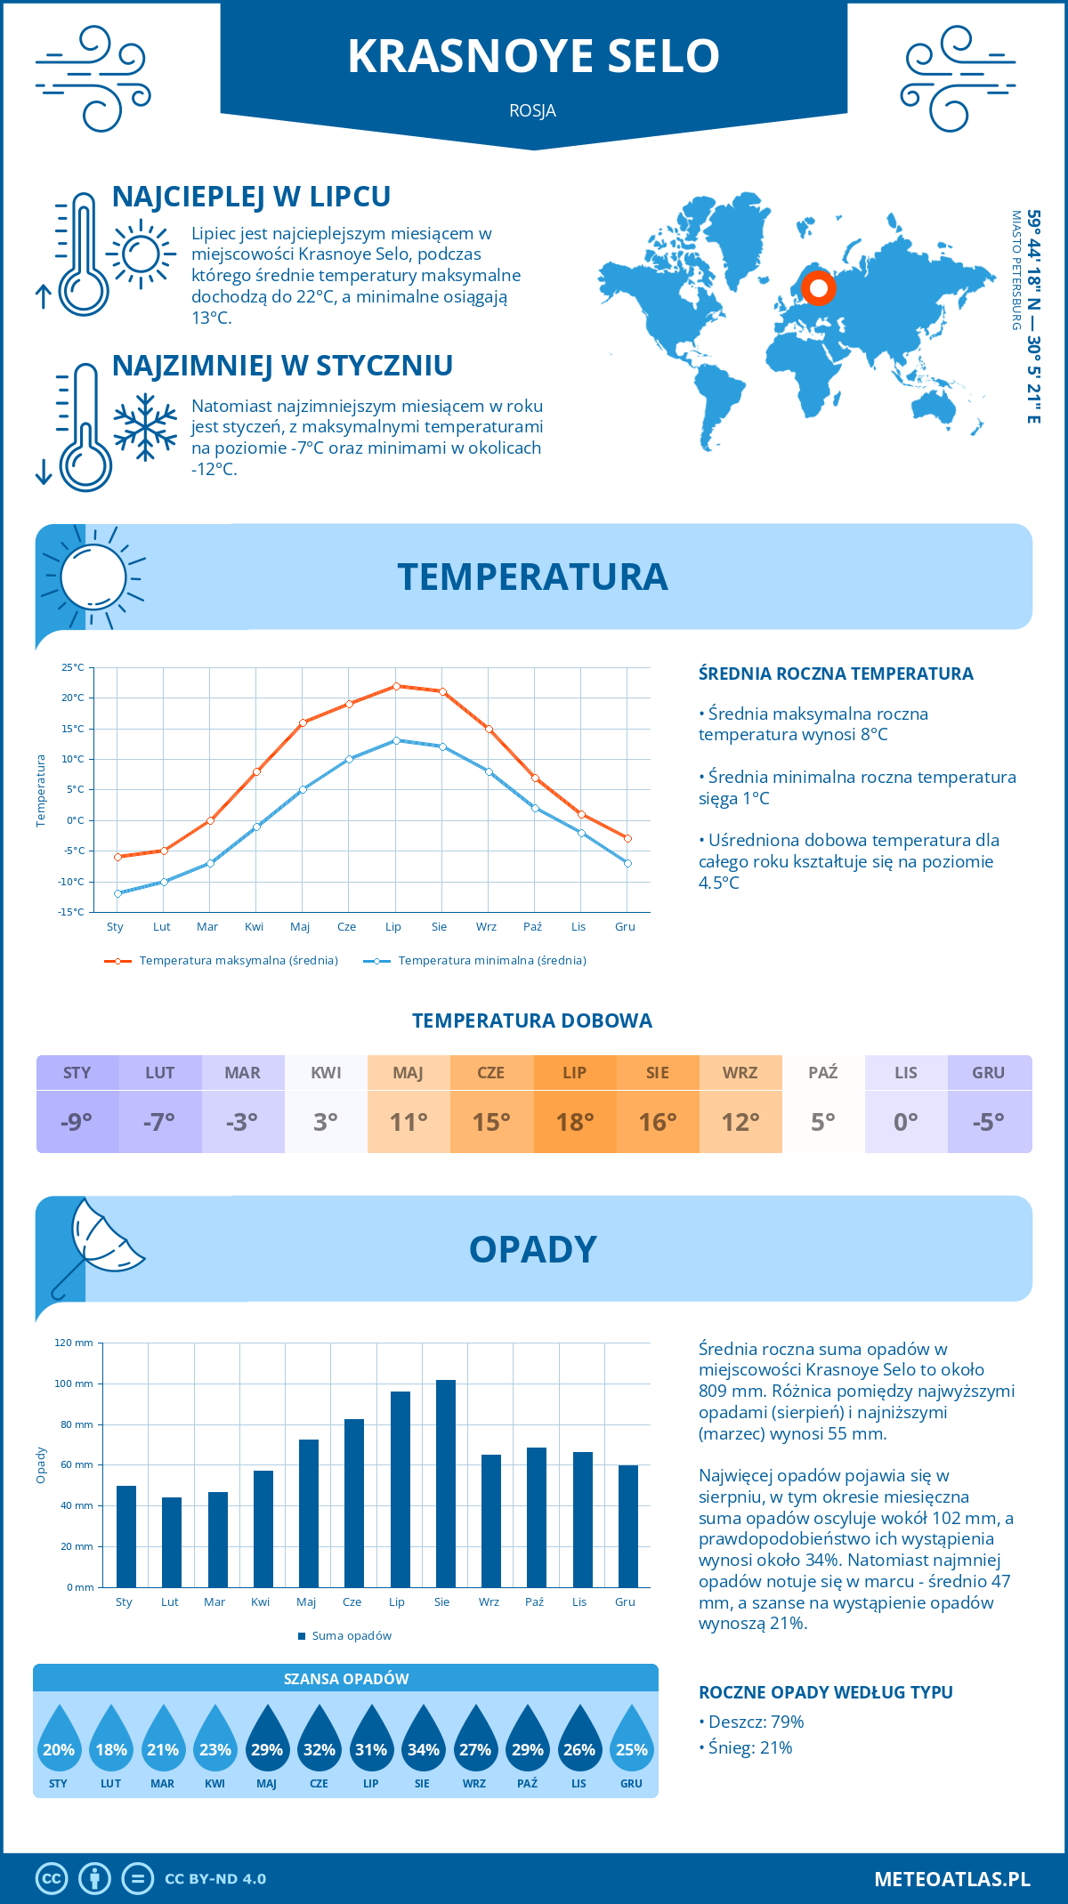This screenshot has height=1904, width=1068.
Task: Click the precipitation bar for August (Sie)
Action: click(446, 1483)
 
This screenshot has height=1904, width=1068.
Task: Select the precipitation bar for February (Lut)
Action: click(172, 1542)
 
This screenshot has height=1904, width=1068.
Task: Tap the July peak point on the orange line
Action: click(396, 686)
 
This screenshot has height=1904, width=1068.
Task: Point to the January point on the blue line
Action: click(117, 893)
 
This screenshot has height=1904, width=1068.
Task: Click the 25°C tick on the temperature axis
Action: click(73, 667)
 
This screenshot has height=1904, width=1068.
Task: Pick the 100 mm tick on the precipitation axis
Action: click(74, 1384)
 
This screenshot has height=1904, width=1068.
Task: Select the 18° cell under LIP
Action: click(575, 1122)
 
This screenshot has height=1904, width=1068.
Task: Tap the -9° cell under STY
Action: click(77, 1122)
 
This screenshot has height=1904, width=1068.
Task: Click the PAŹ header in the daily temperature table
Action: click(823, 1073)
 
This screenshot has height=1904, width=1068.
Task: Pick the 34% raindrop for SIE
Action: click(423, 1739)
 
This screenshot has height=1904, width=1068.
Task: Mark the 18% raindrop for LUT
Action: click(111, 1739)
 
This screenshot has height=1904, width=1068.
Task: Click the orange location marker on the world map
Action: click(818, 288)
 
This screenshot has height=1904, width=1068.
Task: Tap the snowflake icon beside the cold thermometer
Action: click(145, 427)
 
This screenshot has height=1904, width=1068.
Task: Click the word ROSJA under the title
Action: click(533, 111)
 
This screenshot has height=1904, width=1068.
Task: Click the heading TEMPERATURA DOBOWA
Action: click(532, 1021)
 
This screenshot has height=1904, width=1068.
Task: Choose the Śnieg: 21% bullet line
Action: click(746, 1747)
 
